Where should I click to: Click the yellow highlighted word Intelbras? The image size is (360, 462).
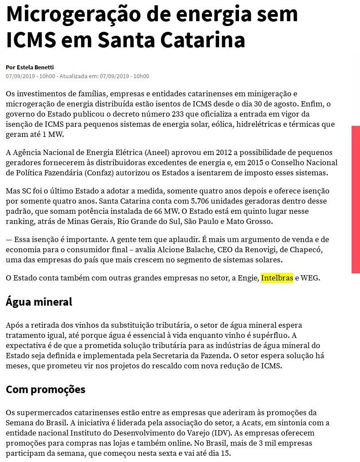point(277,278)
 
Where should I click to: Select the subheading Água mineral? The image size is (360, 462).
point(39,302)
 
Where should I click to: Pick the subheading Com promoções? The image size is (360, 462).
point(45,390)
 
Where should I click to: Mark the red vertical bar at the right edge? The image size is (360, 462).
point(355,199)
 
